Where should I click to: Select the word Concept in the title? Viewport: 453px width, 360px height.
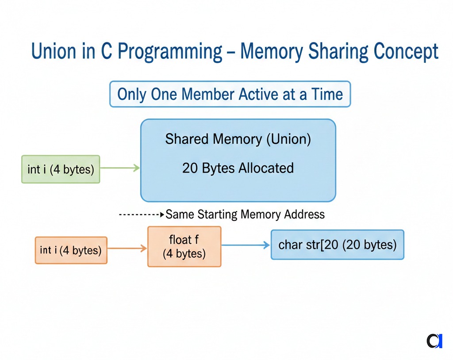(x=406, y=52)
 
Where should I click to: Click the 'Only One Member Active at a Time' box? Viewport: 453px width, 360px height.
(x=230, y=94)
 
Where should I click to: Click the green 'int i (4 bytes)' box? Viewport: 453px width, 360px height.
(x=61, y=169)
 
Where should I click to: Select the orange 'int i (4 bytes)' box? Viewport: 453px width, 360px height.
(x=71, y=250)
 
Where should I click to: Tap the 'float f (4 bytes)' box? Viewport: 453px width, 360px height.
(x=184, y=247)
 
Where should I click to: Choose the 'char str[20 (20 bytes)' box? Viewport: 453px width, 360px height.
(x=337, y=245)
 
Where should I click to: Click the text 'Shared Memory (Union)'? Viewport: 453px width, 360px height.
(x=238, y=139)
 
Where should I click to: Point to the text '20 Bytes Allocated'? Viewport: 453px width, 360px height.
(x=238, y=168)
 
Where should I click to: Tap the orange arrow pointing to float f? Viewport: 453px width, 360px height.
(x=127, y=249)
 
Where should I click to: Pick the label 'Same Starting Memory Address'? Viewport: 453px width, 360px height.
(x=245, y=215)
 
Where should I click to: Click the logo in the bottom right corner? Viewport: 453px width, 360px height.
(x=434, y=341)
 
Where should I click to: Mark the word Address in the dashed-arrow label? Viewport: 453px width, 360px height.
(x=305, y=215)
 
